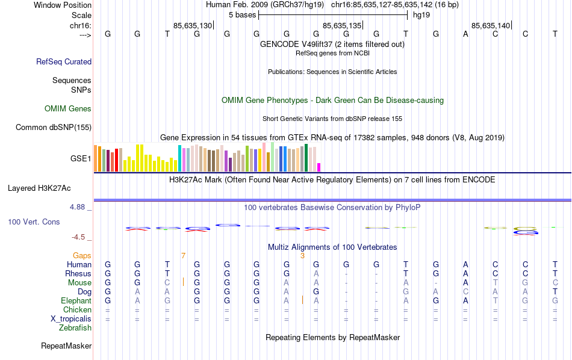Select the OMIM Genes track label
coord(68,109)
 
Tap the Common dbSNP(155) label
coord(54,127)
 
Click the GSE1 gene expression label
coord(81,159)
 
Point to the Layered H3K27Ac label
coord(49,188)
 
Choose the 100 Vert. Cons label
coord(34,222)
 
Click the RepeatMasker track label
coord(66,346)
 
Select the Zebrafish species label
coord(75,328)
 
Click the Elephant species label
coord(76,300)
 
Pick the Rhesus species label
coord(78,273)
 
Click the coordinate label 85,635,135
coord(342,26)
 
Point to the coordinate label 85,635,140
coord(491,26)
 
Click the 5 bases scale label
coord(242,14)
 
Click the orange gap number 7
coord(183,256)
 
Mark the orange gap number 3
coord(302,256)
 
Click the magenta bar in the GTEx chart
coord(319,167)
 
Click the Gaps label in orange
coord(82,256)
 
